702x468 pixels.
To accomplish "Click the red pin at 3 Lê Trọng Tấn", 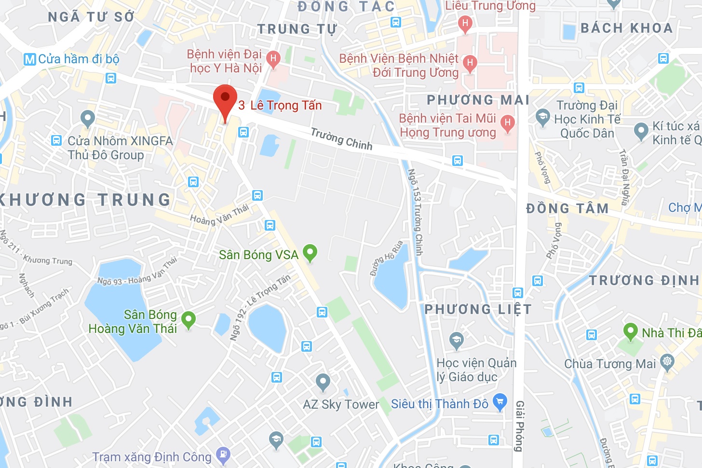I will point(225,98).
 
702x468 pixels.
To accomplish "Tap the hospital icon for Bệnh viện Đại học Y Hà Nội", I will point(273,59).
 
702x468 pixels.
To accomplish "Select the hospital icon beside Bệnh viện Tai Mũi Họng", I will point(507,123).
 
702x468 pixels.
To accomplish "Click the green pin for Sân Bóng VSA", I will point(310,252).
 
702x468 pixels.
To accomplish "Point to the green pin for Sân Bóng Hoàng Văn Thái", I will point(189,319).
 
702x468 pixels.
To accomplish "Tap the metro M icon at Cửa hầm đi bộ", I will point(30,59).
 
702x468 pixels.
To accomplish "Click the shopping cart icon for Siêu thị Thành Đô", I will point(500,401).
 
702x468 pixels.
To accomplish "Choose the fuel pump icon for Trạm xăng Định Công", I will point(223,454).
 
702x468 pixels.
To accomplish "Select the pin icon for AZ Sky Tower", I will point(323,382).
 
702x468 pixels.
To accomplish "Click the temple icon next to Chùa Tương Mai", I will point(667,362).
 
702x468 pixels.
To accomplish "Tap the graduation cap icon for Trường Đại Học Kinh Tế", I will point(543,117).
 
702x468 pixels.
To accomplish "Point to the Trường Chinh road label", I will point(341,138).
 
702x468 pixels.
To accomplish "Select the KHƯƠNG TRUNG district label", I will point(85,200).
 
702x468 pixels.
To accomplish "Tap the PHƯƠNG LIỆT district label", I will point(478,309).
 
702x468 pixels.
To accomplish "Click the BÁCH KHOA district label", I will point(626,28).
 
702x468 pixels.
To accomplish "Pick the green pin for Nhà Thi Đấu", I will point(630,331).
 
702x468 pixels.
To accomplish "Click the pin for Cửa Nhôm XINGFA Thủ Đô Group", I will point(88,118).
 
